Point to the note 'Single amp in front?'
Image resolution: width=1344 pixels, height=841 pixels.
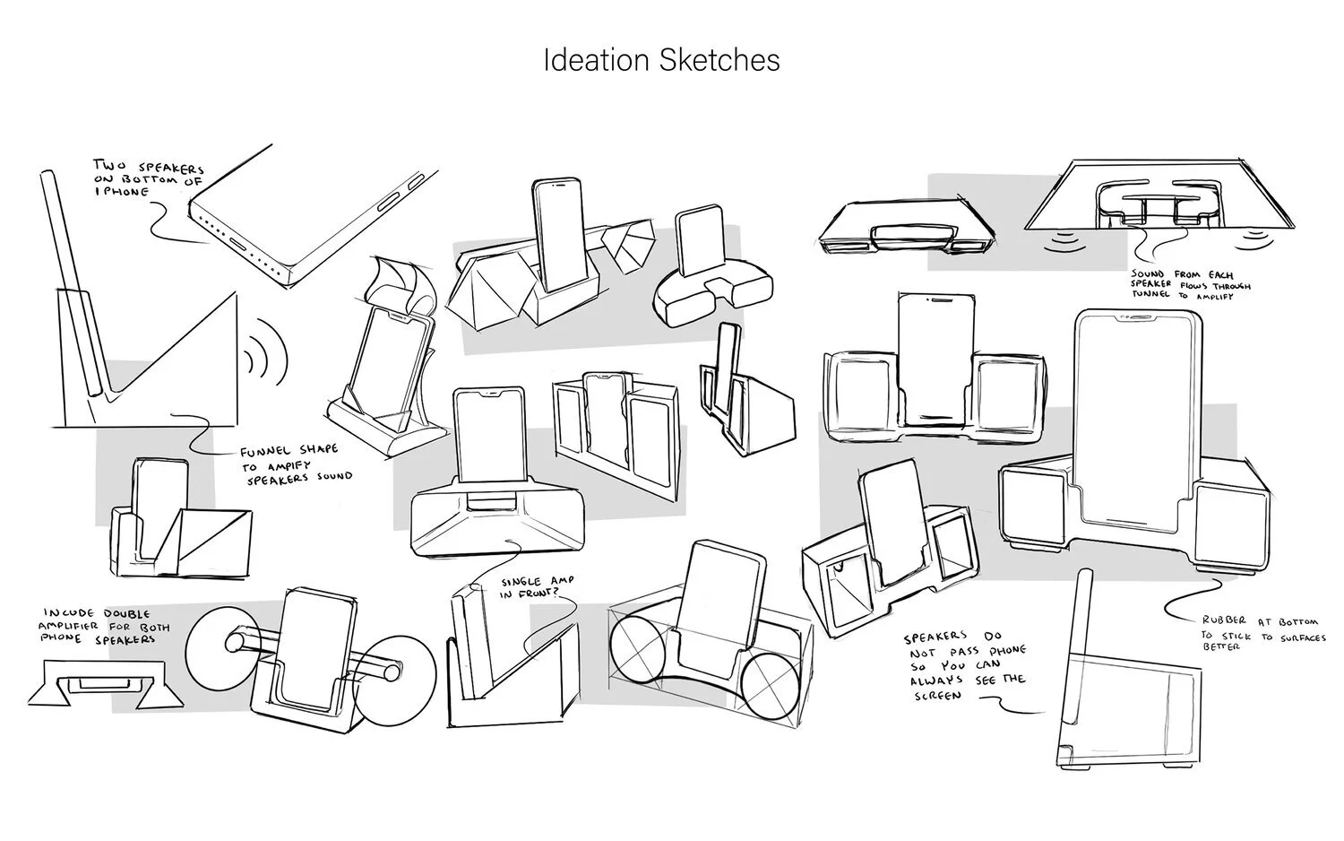pyautogui.click(x=538, y=587)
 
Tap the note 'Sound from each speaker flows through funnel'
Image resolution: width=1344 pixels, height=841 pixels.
pyautogui.click(x=1190, y=284)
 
